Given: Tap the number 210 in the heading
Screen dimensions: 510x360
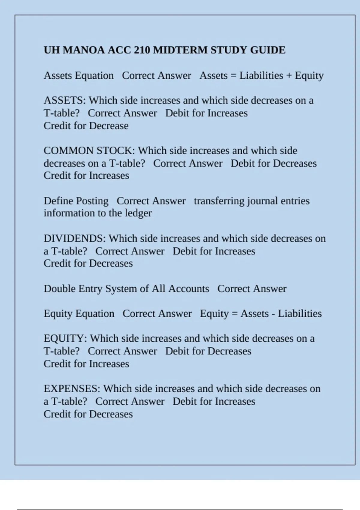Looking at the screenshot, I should point(142,50).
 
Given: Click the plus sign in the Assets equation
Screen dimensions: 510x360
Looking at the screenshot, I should point(289,76).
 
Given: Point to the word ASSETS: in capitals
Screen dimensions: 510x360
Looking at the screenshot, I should point(65,100).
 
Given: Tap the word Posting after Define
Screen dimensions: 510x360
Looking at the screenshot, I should point(92,201).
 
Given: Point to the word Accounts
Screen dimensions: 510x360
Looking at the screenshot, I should point(189,289).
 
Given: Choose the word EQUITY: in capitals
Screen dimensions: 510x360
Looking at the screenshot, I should point(65,338).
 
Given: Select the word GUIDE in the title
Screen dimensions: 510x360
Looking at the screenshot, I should point(268,50).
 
